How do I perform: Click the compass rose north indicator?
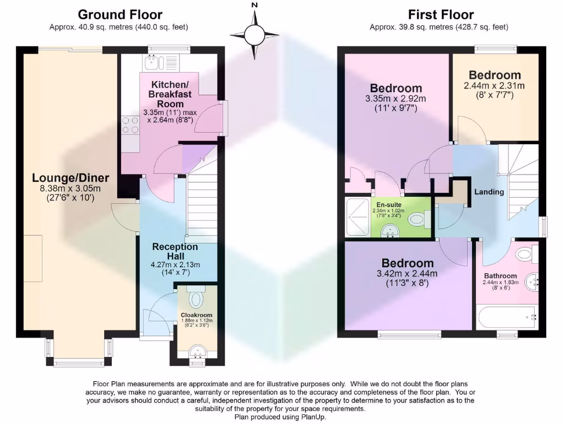click(x=254, y=33)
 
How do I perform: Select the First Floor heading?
click(x=441, y=14)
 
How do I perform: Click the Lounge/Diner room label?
click(x=70, y=177)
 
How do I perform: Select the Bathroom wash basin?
click(x=532, y=280)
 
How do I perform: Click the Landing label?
click(x=489, y=192)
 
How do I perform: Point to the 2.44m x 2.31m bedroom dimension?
click(x=494, y=86)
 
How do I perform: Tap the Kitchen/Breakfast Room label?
click(x=170, y=94)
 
